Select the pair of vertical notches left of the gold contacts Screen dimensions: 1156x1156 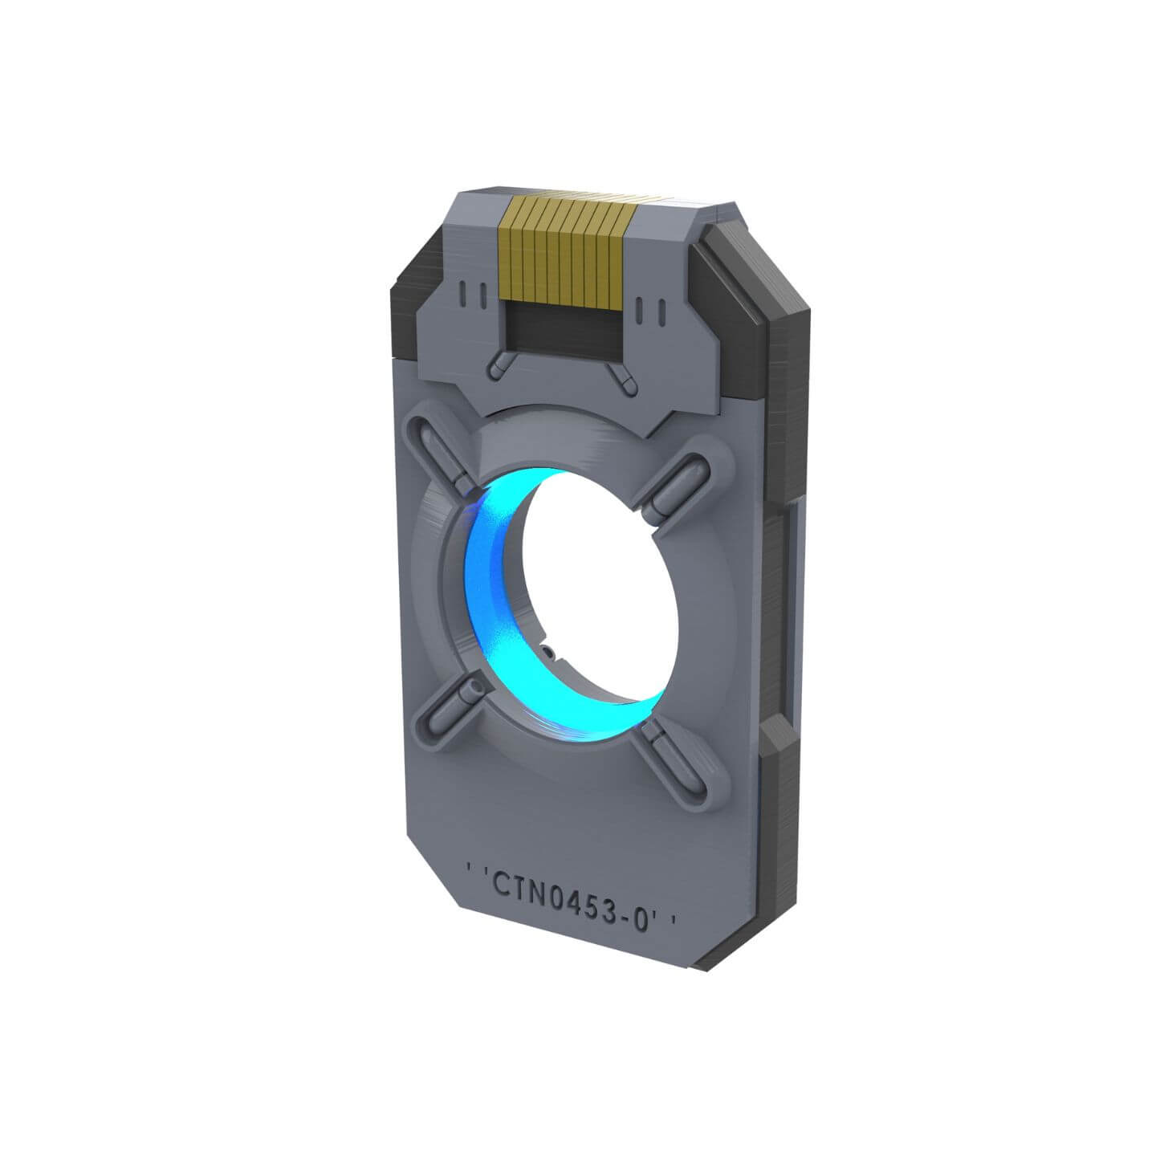(474, 296)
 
